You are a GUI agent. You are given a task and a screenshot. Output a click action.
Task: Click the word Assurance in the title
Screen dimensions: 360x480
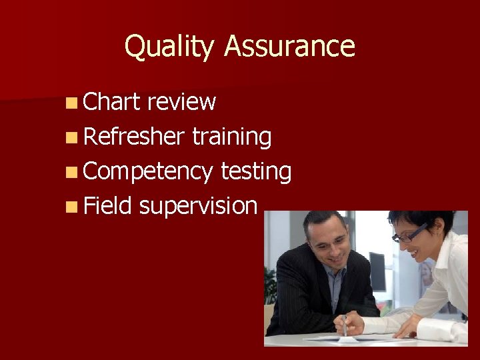(289, 47)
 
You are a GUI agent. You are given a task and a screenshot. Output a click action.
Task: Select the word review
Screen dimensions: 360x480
(181, 102)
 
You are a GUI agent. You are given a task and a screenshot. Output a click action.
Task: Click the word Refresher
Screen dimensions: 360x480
(134, 137)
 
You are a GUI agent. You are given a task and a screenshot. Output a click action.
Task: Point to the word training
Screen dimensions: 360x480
(231, 137)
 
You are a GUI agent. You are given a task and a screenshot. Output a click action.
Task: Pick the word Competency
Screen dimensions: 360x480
(149, 171)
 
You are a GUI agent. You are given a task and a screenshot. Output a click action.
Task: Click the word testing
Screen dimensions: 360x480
(256, 171)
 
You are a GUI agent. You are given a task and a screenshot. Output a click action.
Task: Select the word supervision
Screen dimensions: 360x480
(198, 206)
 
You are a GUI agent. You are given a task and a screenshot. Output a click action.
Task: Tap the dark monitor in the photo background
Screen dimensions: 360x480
(378, 271)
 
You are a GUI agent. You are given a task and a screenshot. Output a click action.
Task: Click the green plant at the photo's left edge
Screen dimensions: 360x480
(270, 287)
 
